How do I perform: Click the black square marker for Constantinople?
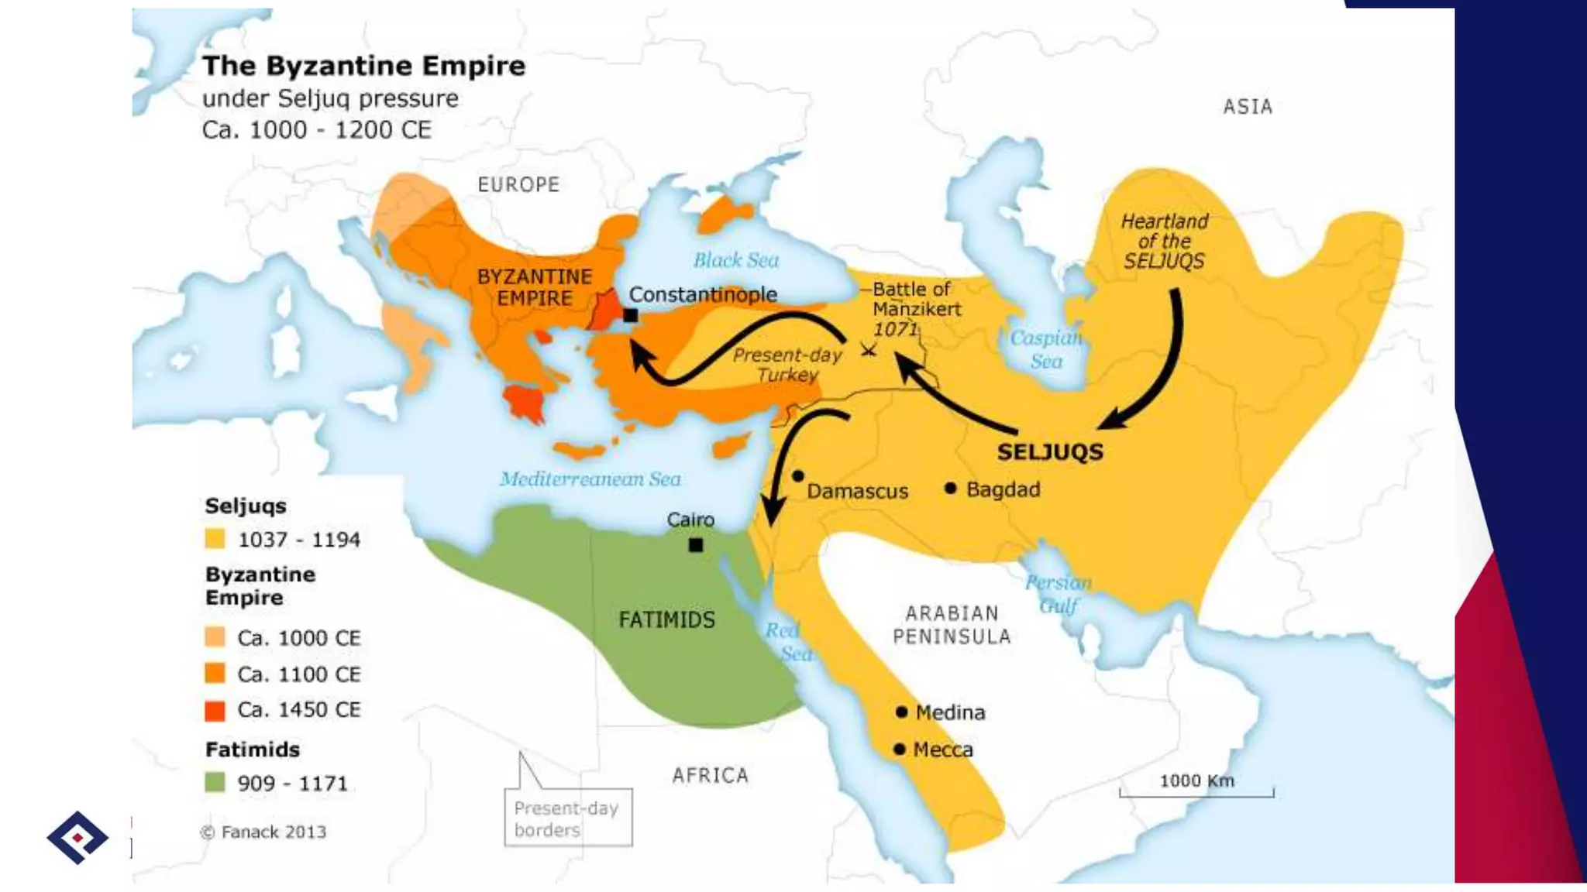coord(631,315)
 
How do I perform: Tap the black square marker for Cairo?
coord(696,545)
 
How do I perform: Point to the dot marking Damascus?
coord(798,475)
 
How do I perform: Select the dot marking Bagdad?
coord(950,488)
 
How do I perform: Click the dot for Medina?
coord(901,712)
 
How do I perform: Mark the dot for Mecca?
coord(899,749)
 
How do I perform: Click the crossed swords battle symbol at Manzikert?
coord(869,350)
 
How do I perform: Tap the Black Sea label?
coord(735,260)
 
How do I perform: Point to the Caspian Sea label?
coord(1045,349)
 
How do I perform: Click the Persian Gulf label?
coord(1058,594)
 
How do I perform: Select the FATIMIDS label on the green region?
coord(666,619)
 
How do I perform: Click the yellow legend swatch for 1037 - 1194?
coord(215,538)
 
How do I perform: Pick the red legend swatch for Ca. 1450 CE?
coord(215,710)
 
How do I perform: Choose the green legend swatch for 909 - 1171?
coord(215,782)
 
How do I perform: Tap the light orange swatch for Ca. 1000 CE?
coord(215,637)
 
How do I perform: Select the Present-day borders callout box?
coord(568,818)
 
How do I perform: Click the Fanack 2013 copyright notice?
coord(263,832)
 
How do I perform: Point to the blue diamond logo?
coord(77,837)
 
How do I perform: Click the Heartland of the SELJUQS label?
coord(1164,242)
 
